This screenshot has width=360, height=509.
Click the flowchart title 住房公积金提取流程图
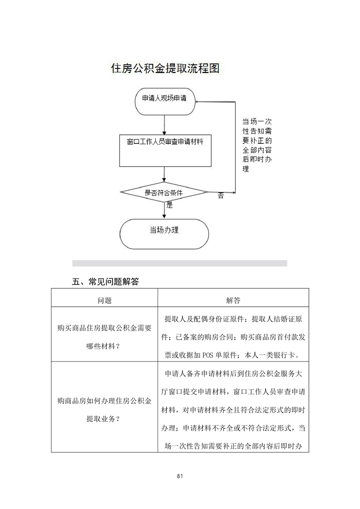click(x=165, y=68)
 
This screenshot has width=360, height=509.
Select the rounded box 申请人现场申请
click(x=165, y=101)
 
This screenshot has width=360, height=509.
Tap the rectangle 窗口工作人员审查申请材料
click(x=165, y=151)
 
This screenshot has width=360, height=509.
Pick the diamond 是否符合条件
click(x=164, y=192)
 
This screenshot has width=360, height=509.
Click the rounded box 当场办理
click(x=164, y=234)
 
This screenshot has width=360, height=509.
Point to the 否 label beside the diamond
click(x=221, y=196)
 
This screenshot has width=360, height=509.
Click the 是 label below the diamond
click(x=170, y=205)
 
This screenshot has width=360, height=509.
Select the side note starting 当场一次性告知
click(x=257, y=145)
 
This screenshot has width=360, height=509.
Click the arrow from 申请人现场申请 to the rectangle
click(x=164, y=125)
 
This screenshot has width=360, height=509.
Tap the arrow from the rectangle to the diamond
click(x=164, y=174)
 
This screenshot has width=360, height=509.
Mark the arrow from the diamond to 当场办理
click(x=164, y=210)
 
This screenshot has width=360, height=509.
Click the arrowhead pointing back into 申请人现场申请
click(x=197, y=102)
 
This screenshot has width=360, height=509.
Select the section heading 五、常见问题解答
click(x=105, y=281)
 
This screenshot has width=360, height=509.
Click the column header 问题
click(x=104, y=301)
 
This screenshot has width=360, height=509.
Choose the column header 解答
click(x=233, y=301)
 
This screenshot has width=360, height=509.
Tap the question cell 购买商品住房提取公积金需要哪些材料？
click(x=104, y=337)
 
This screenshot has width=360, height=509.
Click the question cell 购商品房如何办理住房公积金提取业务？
click(x=104, y=410)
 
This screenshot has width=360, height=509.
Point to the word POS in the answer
click(x=208, y=355)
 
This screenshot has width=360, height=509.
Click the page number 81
click(x=180, y=476)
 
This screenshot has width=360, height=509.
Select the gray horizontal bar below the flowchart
click(x=180, y=263)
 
